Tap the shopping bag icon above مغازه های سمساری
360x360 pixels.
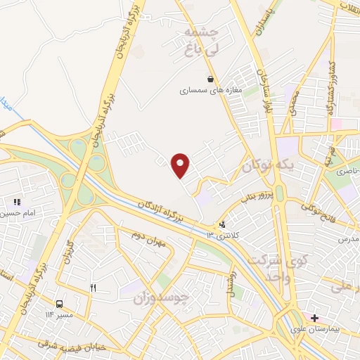210,79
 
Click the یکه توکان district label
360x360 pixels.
266,167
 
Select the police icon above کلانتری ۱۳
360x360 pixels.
222,225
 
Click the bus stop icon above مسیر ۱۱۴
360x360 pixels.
59,304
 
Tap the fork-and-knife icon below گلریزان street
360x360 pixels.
93,288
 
